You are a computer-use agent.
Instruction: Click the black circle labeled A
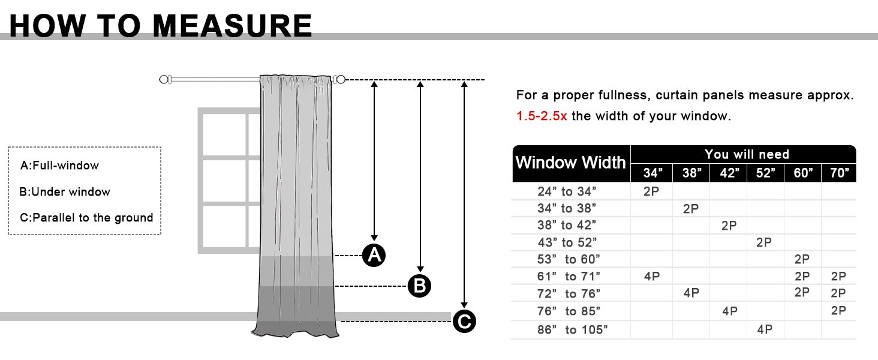pos(374,255)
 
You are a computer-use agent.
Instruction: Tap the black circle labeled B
pos(419,286)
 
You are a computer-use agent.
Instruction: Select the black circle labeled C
pos(464,321)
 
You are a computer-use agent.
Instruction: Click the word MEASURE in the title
pos(232,26)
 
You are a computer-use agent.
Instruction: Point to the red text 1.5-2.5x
pos(542,116)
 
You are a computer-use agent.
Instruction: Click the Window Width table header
pos(571,163)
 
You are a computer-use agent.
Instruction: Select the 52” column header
pos(765,173)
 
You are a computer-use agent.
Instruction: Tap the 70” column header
pos(839,173)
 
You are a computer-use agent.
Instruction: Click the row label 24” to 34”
pos(567,191)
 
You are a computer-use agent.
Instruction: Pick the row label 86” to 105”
pos(572,330)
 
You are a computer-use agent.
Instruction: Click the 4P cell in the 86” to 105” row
pos(765,329)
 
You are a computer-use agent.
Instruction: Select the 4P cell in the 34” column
pos(652,277)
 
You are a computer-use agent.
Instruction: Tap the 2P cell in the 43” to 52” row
pos(764,242)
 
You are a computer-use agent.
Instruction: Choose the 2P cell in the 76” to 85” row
pos(838,311)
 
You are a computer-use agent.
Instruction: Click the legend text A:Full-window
pos(59,166)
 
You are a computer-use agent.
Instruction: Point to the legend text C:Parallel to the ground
pos(86,218)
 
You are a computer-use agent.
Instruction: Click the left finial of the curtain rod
pos(165,80)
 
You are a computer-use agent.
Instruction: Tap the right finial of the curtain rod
pos(339,80)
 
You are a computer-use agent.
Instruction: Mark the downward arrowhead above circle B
pos(420,269)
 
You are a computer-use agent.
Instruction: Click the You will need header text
pos(747,155)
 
